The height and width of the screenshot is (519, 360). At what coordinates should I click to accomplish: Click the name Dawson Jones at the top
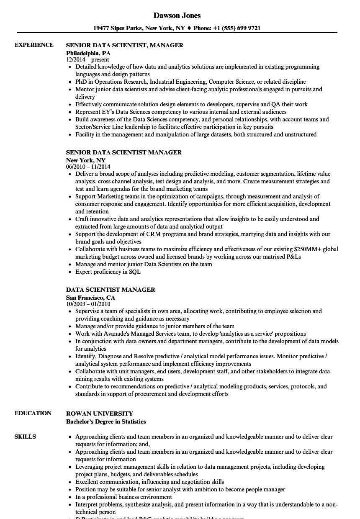click(x=177, y=15)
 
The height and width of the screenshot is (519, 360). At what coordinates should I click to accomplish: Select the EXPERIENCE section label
click(x=34, y=45)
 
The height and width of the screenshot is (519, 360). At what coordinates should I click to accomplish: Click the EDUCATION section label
click(x=33, y=413)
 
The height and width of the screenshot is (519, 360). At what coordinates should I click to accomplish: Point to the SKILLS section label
click(x=25, y=437)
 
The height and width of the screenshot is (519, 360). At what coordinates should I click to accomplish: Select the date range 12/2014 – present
click(x=87, y=59)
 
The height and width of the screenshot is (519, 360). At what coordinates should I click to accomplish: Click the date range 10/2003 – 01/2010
click(x=88, y=304)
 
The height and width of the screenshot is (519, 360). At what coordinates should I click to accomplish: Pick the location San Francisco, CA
click(x=90, y=298)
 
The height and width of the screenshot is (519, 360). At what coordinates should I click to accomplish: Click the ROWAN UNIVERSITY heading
click(x=100, y=413)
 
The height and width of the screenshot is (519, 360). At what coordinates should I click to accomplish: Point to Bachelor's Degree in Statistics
click(x=106, y=421)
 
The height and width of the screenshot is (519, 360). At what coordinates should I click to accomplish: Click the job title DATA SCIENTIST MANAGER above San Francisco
click(x=111, y=290)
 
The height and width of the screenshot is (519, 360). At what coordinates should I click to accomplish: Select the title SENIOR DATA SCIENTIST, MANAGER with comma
click(x=125, y=45)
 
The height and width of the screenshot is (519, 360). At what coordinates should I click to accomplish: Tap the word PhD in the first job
click(x=81, y=82)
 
